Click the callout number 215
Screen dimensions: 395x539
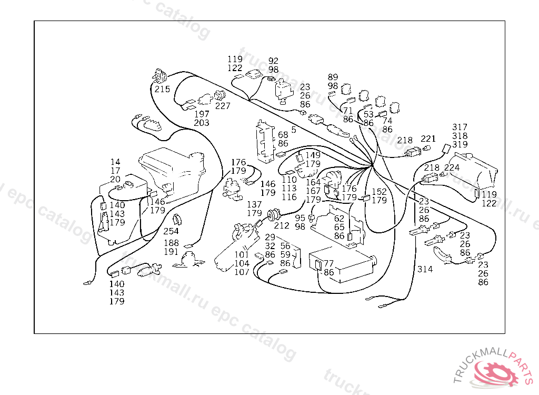point(162,89)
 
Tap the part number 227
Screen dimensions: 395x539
point(223,106)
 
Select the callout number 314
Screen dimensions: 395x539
point(425,269)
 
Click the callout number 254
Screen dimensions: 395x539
point(171,231)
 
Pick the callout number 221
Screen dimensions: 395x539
point(428,139)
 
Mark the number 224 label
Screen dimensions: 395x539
point(452,168)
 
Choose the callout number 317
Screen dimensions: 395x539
point(460,127)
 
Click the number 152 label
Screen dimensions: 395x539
point(380,192)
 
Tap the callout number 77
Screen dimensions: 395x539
point(329,263)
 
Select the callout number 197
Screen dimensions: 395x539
point(202,114)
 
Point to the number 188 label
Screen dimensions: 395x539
point(171,243)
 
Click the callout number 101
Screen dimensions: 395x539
point(242,255)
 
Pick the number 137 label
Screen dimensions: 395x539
point(254,204)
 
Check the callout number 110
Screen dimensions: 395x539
point(289,180)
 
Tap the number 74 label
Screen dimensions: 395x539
point(387,121)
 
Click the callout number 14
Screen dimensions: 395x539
point(116,162)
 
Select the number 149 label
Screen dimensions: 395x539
point(313,155)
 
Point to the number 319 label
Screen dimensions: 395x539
point(460,144)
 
